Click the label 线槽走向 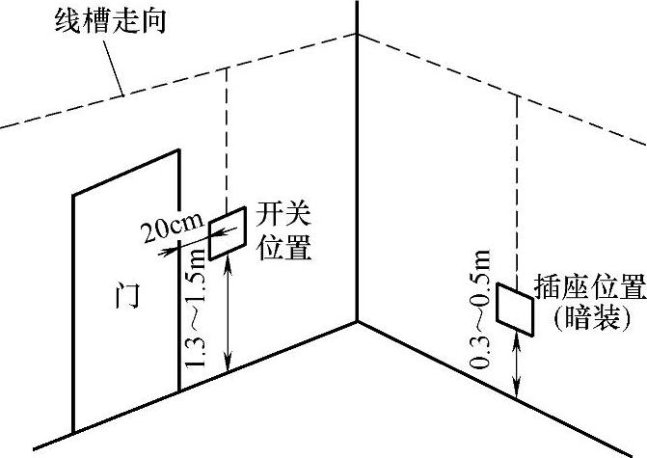click(x=110, y=20)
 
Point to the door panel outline click(x=75, y=318)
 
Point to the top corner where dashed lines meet click(x=357, y=35)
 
